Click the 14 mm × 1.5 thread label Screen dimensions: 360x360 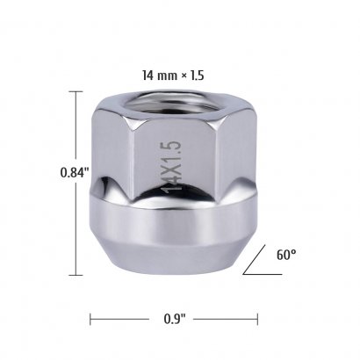click(x=173, y=76)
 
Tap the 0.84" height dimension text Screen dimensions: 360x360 click(x=75, y=172)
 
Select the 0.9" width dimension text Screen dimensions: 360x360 click(x=175, y=319)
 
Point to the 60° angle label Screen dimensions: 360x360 click(x=286, y=255)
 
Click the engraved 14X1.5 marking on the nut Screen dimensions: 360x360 click(x=172, y=167)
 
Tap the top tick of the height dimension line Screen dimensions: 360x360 click(x=76, y=91)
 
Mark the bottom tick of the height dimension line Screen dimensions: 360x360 click(x=76, y=275)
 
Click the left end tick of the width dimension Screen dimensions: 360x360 click(x=90, y=319)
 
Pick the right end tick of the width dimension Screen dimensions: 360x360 click(x=257, y=319)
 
